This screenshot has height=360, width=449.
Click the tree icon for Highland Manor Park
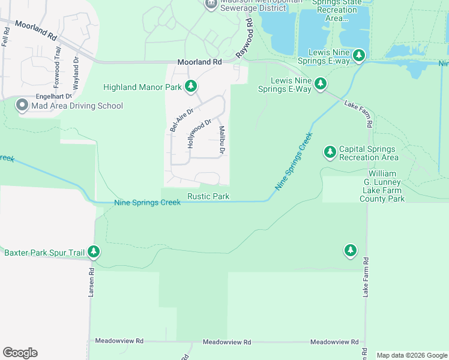click(x=191, y=87)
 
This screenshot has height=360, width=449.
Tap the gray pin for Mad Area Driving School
click(x=22, y=106)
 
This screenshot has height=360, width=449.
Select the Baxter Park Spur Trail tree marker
click(x=93, y=252)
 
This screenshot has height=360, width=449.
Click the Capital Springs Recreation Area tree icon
click(x=330, y=153)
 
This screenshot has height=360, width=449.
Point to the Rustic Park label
click(x=208, y=196)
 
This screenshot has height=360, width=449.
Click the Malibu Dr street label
click(x=221, y=140)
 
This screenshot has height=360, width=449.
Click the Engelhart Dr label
click(x=53, y=96)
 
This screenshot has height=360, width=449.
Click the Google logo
click(x=20, y=353)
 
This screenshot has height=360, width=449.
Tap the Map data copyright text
click(x=411, y=355)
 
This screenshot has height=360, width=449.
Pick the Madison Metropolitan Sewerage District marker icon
click(x=210, y=4)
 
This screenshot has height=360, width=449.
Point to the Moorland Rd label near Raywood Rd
click(x=200, y=62)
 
